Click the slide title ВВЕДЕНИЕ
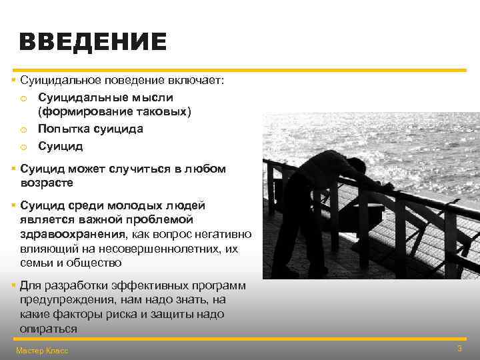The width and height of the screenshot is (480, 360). [93, 43]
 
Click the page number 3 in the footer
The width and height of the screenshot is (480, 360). [459, 349]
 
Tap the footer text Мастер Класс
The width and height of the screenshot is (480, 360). [41, 351]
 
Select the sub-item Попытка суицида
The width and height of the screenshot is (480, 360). [90, 129]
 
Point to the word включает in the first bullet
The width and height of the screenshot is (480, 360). [197, 81]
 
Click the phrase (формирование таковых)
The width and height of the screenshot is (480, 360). [114, 111]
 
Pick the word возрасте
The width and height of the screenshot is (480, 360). [47, 183]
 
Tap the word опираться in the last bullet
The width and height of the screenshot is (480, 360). [48, 329]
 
